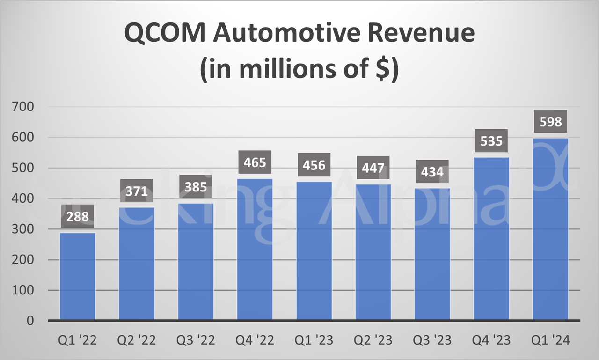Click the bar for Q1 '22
coord(78,276)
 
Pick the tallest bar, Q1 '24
coord(550,229)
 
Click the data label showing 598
coord(550,122)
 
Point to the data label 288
coord(78,217)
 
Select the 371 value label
coord(137,191)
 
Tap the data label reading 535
coord(491,141)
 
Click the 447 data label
coord(373,168)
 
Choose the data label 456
coord(314,165)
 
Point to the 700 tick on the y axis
coord(24,107)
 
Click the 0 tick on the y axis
coord(30,321)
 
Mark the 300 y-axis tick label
coord(24,229)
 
